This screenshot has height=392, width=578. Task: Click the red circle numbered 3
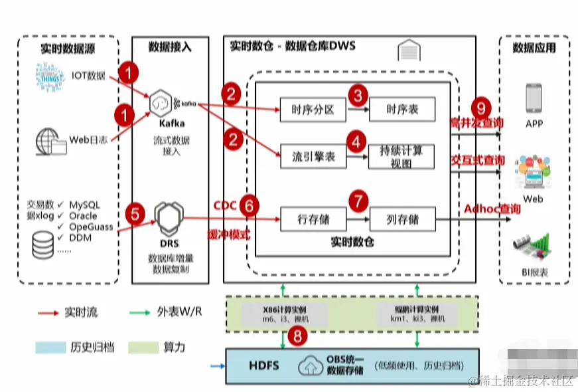(358, 96)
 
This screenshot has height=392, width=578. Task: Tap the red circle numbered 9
(480, 107)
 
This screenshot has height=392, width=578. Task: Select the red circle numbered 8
(297, 336)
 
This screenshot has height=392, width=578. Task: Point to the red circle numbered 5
(135, 214)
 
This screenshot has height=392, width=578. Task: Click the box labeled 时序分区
(311, 110)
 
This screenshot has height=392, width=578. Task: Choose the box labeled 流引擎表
(311, 157)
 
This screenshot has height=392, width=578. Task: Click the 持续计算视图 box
(401, 156)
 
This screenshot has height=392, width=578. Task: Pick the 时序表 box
(402, 110)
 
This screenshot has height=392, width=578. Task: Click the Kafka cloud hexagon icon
(161, 103)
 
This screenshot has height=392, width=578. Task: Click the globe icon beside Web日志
(50, 140)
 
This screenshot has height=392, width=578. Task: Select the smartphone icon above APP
(534, 98)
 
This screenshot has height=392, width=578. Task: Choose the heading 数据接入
(170, 47)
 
